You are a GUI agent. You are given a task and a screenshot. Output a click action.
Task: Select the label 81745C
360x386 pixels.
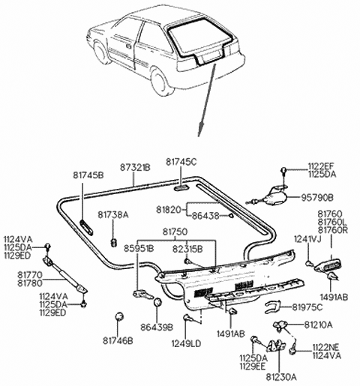[181, 161]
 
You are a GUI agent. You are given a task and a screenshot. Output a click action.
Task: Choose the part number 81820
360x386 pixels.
[168, 209]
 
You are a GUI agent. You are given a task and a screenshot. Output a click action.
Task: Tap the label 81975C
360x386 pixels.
[307, 307]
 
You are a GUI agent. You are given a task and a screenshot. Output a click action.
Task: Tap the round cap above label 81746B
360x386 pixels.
[118, 316]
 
